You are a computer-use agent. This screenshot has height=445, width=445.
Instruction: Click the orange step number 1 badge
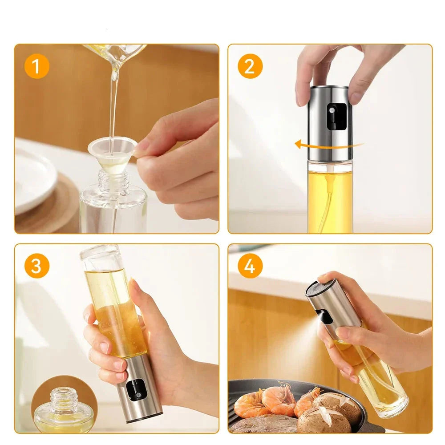click(37, 66)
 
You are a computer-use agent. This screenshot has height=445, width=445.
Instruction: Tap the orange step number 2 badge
click(250, 66)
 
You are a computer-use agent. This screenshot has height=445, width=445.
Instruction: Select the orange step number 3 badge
click(37, 266)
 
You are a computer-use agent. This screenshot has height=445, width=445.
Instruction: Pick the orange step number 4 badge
click(250, 266)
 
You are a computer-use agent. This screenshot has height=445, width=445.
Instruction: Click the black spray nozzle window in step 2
click(336, 116)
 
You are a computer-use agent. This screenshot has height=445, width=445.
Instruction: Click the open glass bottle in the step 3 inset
click(64, 410)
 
